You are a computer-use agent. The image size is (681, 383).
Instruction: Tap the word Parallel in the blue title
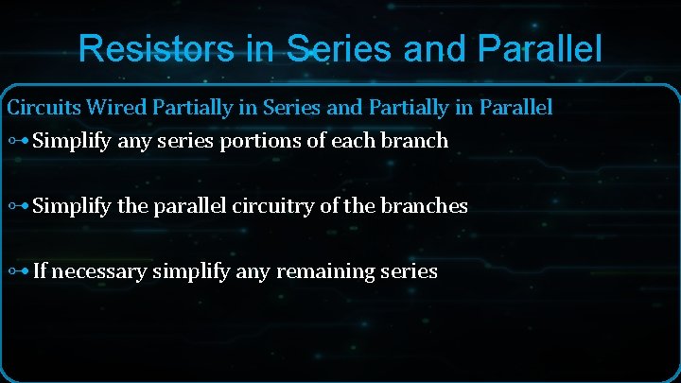539,48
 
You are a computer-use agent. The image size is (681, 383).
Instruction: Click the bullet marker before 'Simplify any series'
18,142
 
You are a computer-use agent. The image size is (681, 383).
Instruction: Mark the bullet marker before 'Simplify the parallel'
18,206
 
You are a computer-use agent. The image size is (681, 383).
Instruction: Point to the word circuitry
268,206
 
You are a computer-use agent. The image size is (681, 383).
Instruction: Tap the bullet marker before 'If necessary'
18,272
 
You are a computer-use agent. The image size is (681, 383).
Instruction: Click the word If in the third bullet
40,272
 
